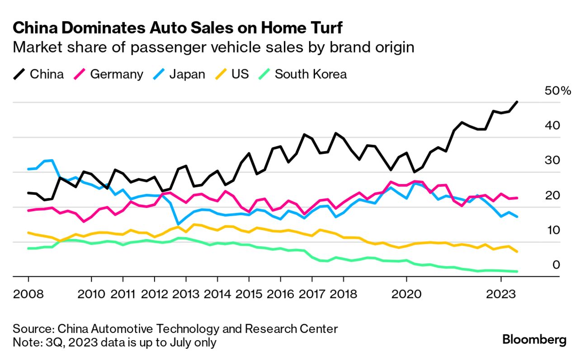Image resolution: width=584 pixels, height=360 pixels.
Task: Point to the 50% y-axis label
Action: coord(558,91)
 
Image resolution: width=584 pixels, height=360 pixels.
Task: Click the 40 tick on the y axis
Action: coord(553,125)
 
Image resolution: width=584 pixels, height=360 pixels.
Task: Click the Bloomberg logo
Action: coord(534,340)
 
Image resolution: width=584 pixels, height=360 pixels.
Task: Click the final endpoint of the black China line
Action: coord(517,102)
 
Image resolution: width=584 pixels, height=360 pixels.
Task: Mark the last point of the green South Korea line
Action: coord(517,271)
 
